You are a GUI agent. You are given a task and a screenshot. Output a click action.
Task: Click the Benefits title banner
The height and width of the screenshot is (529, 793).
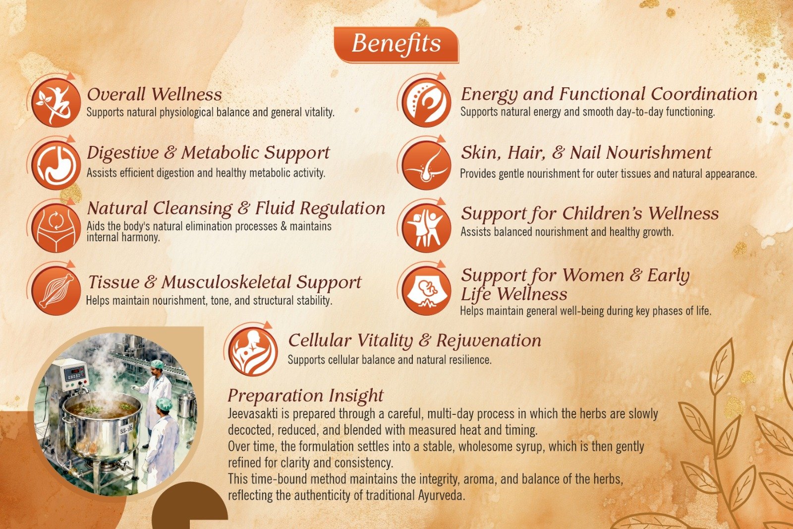[x=396, y=45]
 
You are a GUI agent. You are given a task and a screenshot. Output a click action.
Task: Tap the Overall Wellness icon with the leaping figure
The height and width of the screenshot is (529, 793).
[x=56, y=102]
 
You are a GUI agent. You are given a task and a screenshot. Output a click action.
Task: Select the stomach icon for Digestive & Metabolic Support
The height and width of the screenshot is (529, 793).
[x=56, y=165]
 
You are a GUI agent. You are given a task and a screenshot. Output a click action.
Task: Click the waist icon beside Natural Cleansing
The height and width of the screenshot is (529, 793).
[x=56, y=228]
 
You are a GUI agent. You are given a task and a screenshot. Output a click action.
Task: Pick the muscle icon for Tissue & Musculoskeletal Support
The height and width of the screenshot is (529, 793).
[x=56, y=291]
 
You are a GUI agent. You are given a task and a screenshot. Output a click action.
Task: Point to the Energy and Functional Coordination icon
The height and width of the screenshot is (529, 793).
[x=426, y=102]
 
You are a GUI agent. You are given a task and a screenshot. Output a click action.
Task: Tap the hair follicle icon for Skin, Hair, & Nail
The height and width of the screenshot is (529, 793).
[x=426, y=165]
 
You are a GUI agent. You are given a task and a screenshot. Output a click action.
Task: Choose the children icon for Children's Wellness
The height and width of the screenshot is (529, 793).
[x=426, y=228]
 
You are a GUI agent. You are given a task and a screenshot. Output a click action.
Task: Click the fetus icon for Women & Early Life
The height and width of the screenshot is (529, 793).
[x=426, y=291]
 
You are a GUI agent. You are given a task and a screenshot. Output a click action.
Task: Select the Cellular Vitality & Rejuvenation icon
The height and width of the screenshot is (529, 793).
[x=253, y=351]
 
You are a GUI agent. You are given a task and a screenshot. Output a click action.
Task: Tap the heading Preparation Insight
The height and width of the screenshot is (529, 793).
[x=305, y=396]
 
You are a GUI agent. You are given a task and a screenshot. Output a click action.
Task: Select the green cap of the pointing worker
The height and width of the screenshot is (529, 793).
[x=157, y=364]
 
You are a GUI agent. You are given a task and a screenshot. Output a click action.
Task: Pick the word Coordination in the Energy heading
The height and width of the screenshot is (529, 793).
[x=704, y=94]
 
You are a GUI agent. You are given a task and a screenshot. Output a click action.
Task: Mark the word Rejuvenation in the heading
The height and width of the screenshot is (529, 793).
[x=489, y=341]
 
